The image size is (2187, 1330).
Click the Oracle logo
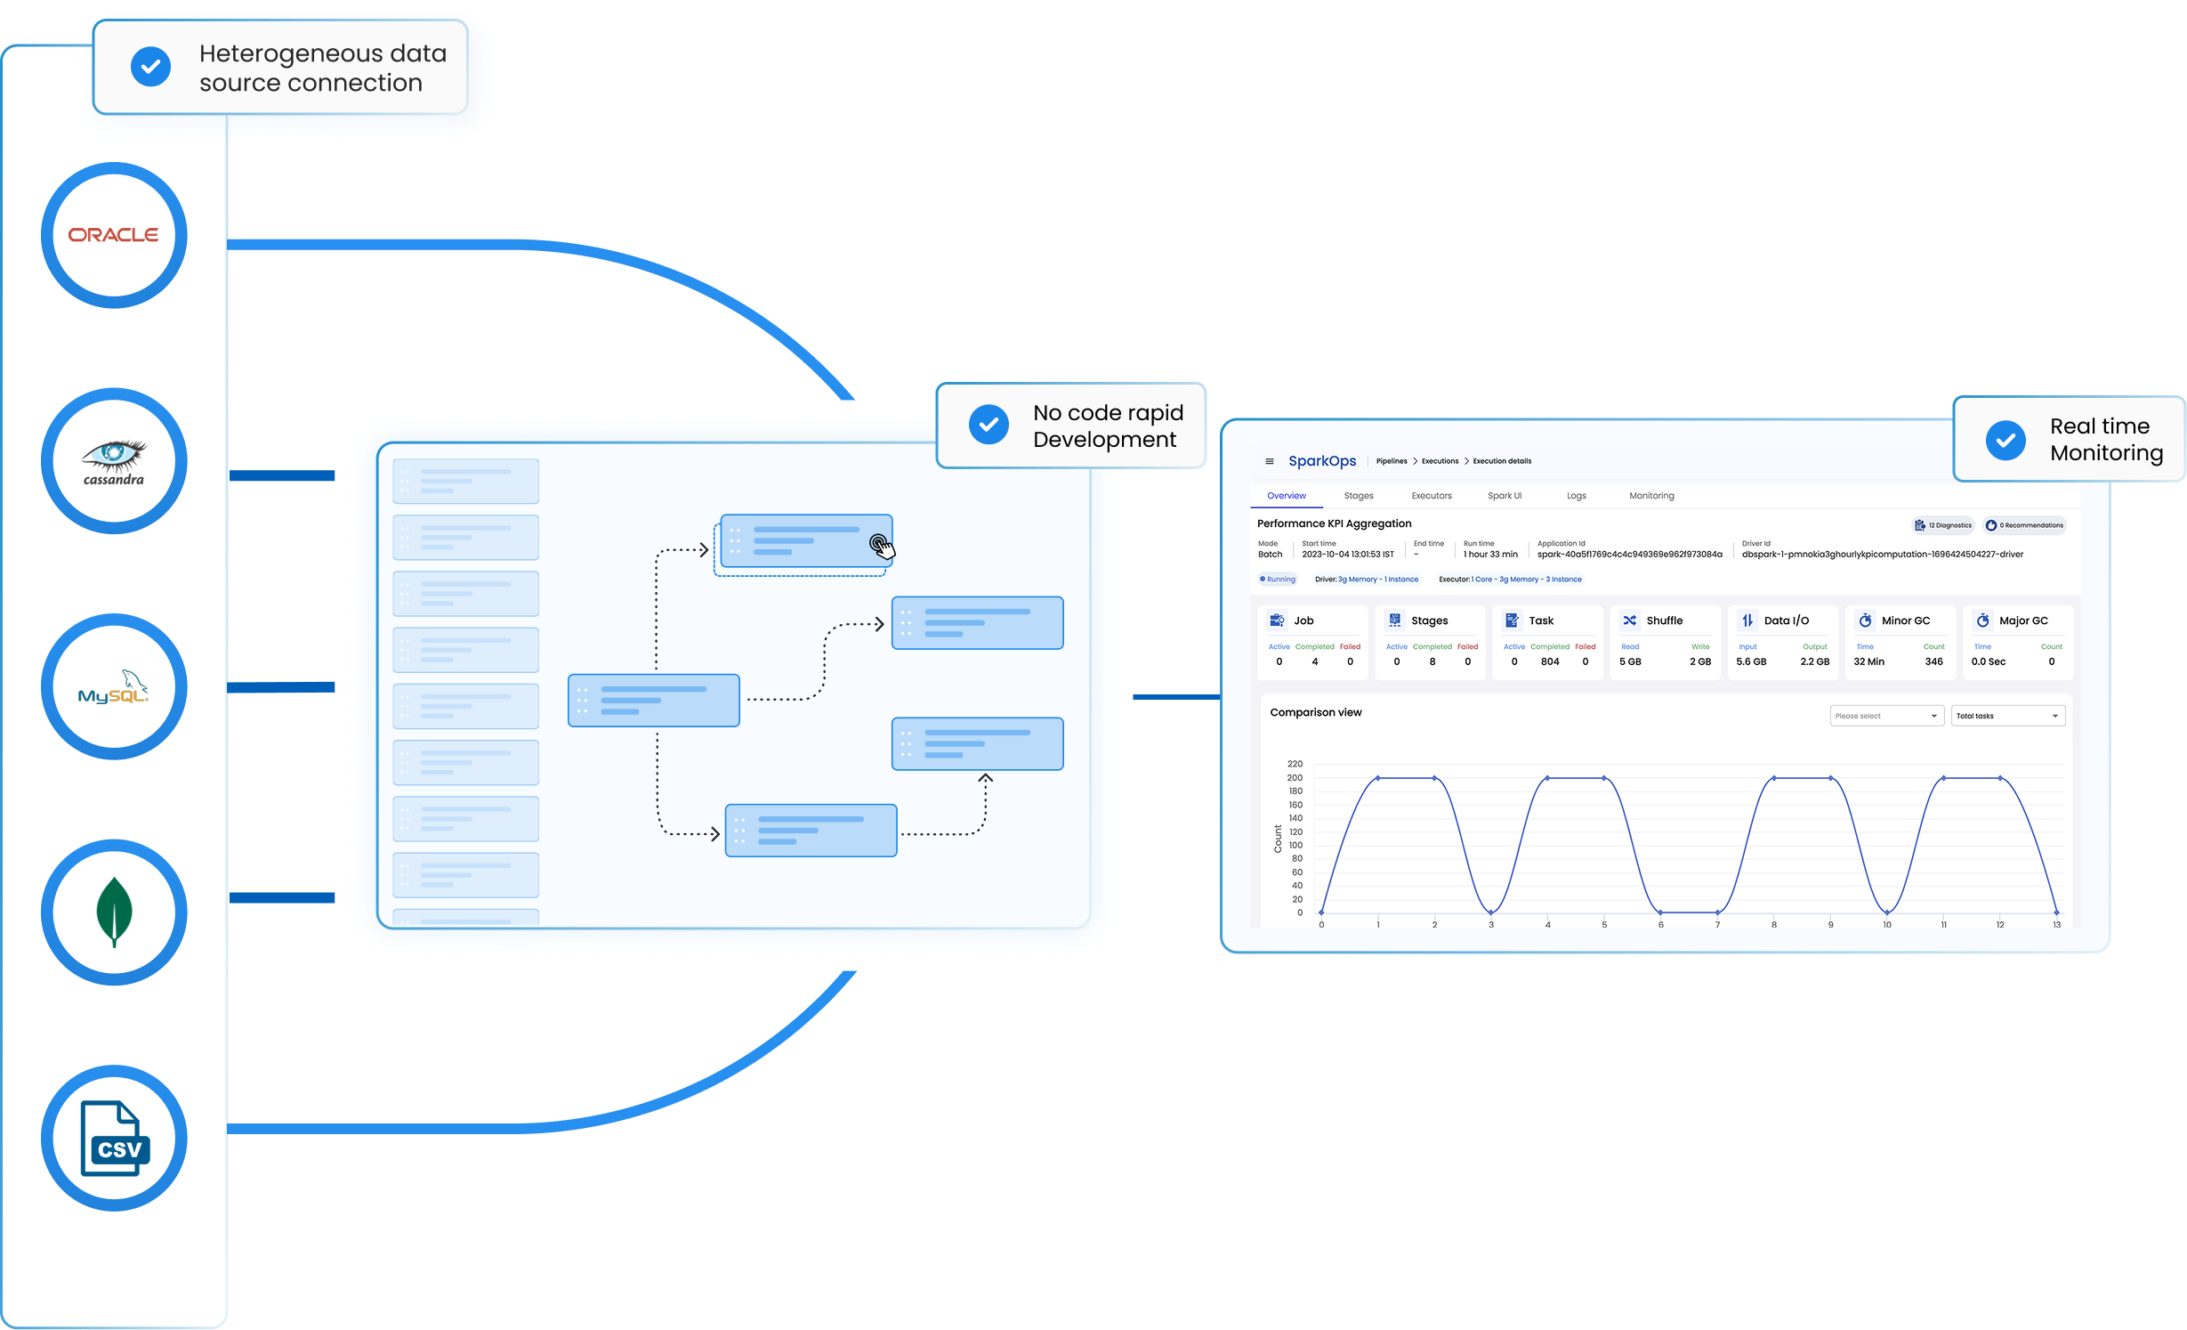(x=114, y=235)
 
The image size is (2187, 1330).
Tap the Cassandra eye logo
(x=114, y=461)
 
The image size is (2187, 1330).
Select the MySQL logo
(x=114, y=687)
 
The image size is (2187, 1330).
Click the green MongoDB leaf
(x=114, y=912)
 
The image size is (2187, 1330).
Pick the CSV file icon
(x=115, y=1139)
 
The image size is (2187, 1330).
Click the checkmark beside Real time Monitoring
(x=2005, y=440)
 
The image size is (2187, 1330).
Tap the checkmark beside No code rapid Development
(x=989, y=425)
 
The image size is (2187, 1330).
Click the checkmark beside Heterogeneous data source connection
(x=151, y=67)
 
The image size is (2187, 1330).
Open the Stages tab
(x=1359, y=496)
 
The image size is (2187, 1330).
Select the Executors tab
(x=1432, y=496)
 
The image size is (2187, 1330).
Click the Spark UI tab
(x=1505, y=496)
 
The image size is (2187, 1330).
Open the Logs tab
(x=1577, y=496)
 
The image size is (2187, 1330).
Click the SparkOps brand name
(x=1322, y=461)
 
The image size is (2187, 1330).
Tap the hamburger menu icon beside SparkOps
(x=1270, y=461)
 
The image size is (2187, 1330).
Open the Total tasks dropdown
(x=2008, y=716)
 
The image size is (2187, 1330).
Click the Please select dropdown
(x=1886, y=716)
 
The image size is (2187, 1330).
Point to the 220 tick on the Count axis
(x=1295, y=764)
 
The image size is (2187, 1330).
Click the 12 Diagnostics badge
(x=1943, y=525)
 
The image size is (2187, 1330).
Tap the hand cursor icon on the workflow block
(x=881, y=547)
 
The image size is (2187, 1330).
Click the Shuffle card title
(x=1664, y=620)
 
